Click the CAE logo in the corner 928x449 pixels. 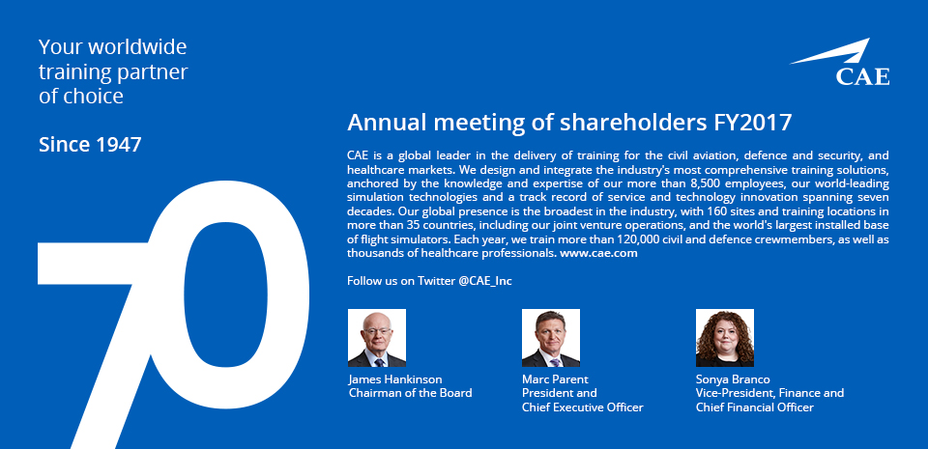point(840,62)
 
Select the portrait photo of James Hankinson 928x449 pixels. point(377,338)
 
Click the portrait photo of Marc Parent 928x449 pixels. point(551,338)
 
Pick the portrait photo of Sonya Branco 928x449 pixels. point(725,338)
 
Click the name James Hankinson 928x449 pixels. point(395,379)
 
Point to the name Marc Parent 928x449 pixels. point(555,379)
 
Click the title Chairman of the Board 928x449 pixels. point(410,393)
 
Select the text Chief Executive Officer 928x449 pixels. point(582,407)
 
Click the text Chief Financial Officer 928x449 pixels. point(755,407)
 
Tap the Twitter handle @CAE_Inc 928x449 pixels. point(485,281)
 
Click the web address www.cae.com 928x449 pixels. point(598,253)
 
